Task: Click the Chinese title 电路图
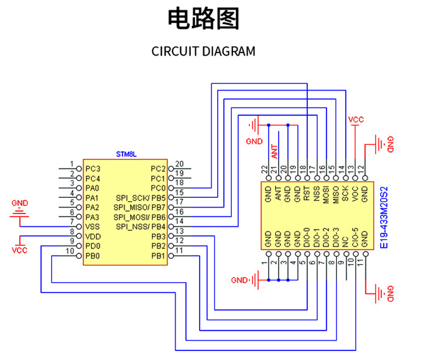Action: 204,19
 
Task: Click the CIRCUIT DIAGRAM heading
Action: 203,51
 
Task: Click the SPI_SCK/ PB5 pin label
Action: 140,198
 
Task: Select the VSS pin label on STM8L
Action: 92,226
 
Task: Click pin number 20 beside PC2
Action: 179,163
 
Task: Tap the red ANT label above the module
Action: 274,150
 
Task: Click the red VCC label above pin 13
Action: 356,120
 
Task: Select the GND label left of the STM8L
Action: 20,203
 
